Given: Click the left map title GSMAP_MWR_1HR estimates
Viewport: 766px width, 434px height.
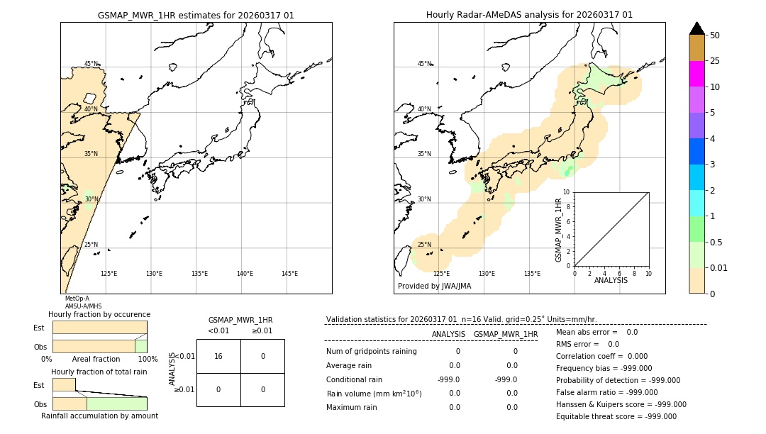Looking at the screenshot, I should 196,15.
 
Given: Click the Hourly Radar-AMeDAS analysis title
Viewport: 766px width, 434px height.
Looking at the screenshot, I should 529,15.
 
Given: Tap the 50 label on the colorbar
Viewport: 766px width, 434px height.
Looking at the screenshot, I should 715,35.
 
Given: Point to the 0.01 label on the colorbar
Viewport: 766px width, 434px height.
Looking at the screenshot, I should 719,267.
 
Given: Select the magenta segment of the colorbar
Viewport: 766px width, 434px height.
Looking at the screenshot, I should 696,74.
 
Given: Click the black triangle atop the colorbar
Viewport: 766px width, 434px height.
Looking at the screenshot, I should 696,28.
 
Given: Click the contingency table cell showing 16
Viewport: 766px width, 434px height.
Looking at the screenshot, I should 218,356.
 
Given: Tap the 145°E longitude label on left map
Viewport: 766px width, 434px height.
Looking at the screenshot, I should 289,274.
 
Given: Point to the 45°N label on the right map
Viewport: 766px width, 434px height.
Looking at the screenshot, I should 424,64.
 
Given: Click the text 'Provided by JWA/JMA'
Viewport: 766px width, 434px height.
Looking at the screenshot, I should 434,286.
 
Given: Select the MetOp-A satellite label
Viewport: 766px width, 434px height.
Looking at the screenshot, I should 77,299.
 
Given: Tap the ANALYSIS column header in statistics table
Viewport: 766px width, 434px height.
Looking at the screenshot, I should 448,334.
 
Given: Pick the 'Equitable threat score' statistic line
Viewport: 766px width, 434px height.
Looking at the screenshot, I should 616,417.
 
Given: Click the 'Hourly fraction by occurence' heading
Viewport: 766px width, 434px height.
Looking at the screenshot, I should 99,314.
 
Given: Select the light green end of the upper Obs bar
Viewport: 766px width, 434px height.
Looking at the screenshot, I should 140,346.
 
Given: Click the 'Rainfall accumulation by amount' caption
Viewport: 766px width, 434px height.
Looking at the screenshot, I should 99,416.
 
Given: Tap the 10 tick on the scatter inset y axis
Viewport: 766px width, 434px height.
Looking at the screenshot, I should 567,192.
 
